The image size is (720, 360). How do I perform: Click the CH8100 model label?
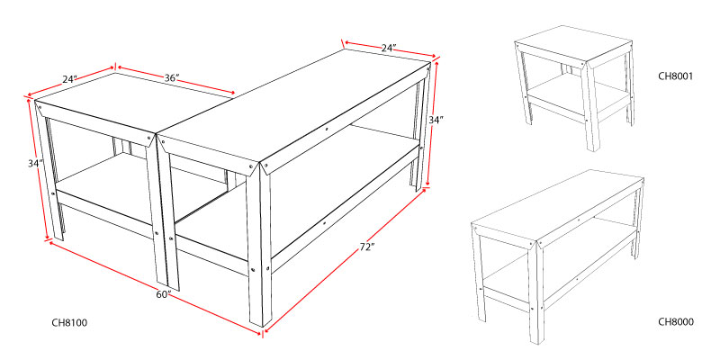(x=69, y=323)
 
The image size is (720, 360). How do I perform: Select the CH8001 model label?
(x=675, y=76)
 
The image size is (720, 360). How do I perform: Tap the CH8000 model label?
(x=676, y=322)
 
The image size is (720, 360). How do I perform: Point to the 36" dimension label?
(x=172, y=78)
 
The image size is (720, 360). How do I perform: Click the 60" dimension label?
(x=163, y=294)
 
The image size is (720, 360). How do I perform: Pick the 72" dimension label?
(x=365, y=247)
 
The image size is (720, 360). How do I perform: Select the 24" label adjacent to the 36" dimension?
(x=70, y=79)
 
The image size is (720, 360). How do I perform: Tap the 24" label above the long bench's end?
(x=389, y=48)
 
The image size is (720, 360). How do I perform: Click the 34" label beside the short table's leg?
(x=34, y=163)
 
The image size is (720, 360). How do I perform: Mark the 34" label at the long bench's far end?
(x=436, y=120)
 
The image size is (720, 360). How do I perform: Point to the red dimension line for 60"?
(x=155, y=287)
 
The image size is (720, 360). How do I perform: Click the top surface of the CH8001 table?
(x=572, y=43)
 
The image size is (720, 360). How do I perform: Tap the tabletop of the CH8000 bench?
(x=557, y=205)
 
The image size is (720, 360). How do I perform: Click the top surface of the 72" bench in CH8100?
(x=294, y=106)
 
